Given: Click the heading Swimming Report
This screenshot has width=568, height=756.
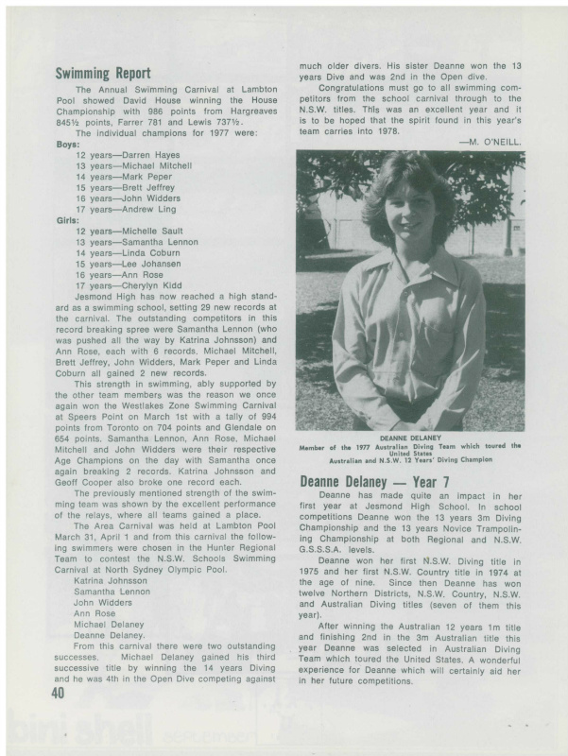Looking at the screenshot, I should click(x=103, y=73).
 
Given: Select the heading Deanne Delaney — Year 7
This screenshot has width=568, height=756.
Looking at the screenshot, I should click(x=374, y=482).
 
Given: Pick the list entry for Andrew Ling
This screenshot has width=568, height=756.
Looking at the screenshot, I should click(x=132, y=209).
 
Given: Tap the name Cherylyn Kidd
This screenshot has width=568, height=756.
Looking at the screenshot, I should click(x=133, y=284).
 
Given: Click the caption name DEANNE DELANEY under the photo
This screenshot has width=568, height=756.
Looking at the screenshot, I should click(x=410, y=438).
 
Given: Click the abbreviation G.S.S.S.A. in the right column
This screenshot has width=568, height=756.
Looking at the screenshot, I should click(x=325, y=548).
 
